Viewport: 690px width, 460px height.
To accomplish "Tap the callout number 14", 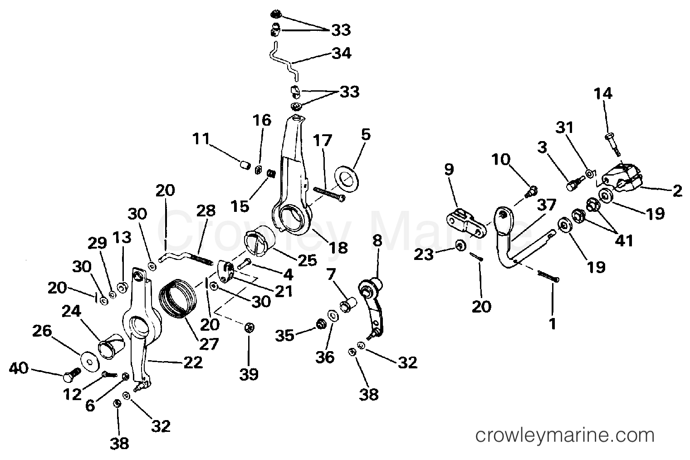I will click(603, 94).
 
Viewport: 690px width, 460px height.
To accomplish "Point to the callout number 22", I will click(192, 362).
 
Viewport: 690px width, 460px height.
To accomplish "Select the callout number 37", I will click(546, 205).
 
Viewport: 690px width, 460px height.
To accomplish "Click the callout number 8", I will click(377, 240).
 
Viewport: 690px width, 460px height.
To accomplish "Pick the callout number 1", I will click(553, 324).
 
